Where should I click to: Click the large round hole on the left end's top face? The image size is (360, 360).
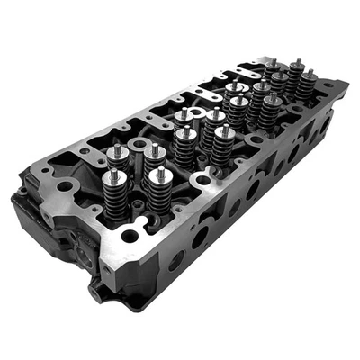(66, 186)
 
